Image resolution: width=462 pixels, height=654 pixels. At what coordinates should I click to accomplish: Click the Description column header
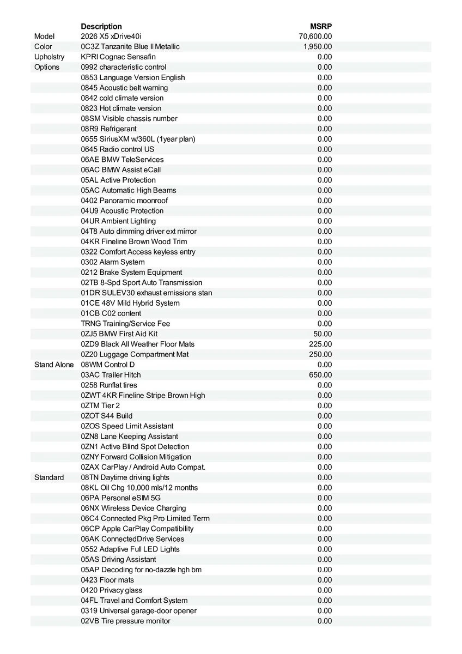[101, 26]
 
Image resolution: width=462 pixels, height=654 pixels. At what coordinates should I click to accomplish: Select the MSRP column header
[321, 26]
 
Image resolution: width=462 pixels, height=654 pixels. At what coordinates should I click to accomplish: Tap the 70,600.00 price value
[315, 37]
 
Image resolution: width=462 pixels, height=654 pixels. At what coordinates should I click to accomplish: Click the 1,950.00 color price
[318, 47]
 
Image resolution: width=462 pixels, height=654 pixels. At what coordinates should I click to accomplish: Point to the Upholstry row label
[49, 57]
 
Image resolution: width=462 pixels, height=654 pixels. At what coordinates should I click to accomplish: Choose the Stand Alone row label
[53, 365]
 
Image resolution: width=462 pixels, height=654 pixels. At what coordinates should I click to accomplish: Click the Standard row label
[49, 477]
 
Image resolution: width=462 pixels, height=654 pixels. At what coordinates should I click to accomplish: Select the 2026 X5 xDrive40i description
[111, 37]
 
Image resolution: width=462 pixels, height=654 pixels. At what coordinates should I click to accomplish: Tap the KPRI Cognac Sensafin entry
[118, 57]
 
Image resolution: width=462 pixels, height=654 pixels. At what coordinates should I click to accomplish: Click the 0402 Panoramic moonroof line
[124, 201]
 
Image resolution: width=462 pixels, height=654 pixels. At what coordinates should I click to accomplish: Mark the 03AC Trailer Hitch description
[111, 375]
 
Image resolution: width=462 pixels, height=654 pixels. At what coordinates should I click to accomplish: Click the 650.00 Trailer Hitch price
[320, 375]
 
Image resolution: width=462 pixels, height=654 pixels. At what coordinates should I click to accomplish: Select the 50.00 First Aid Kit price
[323, 334]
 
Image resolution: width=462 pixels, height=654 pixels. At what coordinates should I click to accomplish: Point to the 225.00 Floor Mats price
[320, 344]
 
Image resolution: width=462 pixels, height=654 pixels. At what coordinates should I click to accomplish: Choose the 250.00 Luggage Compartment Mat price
[320, 354]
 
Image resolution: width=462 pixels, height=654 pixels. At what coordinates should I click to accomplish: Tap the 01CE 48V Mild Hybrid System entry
[130, 303]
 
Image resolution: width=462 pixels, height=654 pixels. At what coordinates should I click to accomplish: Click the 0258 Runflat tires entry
[109, 385]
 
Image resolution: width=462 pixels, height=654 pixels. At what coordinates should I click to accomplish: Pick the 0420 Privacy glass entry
[112, 590]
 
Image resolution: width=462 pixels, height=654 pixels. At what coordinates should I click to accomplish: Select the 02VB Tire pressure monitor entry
[125, 621]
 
